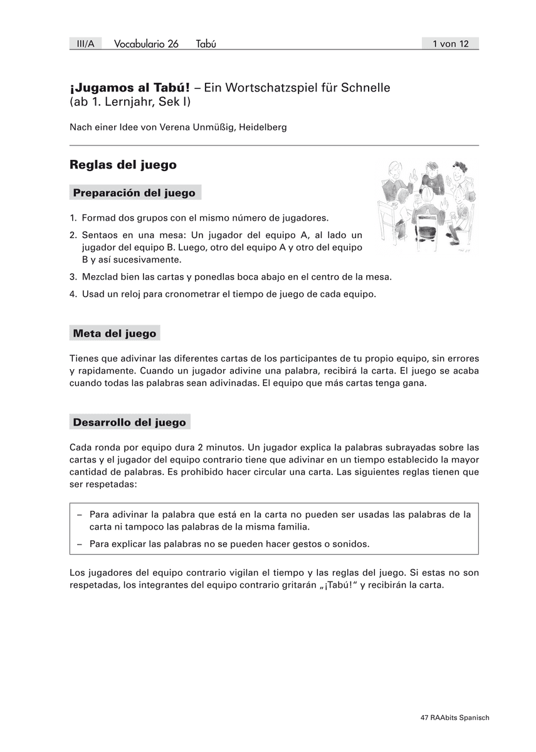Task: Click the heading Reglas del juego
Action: pos(123,165)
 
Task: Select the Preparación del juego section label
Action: pos(134,193)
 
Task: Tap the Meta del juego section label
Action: pos(114,333)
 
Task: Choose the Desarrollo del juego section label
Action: pos(129,422)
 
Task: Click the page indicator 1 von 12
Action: pos(450,44)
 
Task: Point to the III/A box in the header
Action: pos(85,44)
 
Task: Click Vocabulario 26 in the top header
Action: pos(146,44)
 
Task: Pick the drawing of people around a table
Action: pos(426,206)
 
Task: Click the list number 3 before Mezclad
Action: pos(73,276)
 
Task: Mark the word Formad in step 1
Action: pos(98,218)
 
